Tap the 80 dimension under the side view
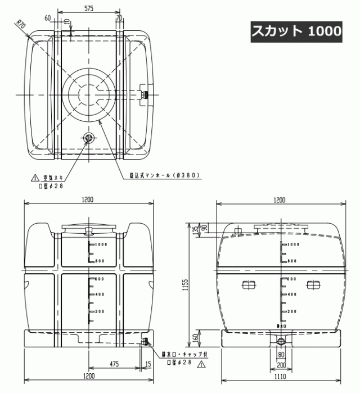point(280,355)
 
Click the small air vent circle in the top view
point(88,138)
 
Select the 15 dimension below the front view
point(148,364)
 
